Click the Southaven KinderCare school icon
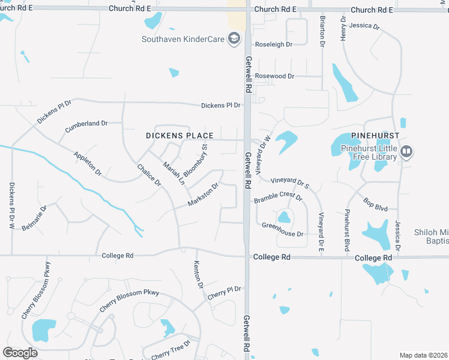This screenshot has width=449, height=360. pyautogui.click(x=234, y=40)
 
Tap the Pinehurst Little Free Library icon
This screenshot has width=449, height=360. pyautogui.click(x=406, y=152)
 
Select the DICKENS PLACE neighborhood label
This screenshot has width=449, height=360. pyautogui.click(x=179, y=136)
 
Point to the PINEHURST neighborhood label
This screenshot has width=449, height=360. pyautogui.click(x=364, y=136)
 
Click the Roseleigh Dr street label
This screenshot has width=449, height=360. pyautogui.click(x=274, y=44)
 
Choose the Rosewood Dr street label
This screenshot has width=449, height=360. pyautogui.click(x=275, y=76)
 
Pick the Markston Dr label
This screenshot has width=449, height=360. pyautogui.click(x=202, y=193)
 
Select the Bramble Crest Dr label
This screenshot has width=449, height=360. pyautogui.click(x=278, y=196)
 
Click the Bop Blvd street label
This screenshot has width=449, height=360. pyautogui.click(x=376, y=202)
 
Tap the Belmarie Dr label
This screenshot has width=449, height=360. pyautogui.click(x=34, y=218)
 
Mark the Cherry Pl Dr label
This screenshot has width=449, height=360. pyautogui.click(x=224, y=293)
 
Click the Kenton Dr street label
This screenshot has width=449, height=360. pyautogui.click(x=199, y=274)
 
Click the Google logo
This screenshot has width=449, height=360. pyautogui.click(x=20, y=352)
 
